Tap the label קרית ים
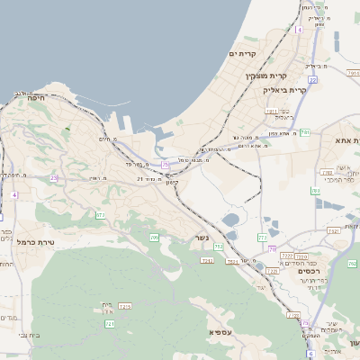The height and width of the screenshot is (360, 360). pyautogui.click(x=243, y=54)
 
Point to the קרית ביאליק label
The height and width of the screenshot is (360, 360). pyautogui.click(x=285, y=90)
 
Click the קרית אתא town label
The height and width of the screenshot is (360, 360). pyautogui.click(x=346, y=140)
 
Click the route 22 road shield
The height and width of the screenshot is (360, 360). pyautogui.click(x=312, y=80)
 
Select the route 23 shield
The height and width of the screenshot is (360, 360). pyautogui.click(x=54, y=178)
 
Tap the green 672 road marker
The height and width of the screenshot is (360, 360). pyautogui.click(x=100, y=215)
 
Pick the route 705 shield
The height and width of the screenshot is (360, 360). pyautogui.click(x=154, y=238)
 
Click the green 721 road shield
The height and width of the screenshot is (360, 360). pyautogui.click(x=109, y=323)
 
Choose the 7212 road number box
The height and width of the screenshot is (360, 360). pyautogui.click(x=286, y=256)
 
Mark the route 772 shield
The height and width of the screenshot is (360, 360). pyautogui.click(x=262, y=238)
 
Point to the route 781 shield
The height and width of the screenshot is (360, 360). pyautogui.click(x=305, y=132)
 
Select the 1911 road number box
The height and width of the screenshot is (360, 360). pyautogui.click(x=271, y=111)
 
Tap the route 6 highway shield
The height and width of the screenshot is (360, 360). pyautogui.click(x=310, y=354)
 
